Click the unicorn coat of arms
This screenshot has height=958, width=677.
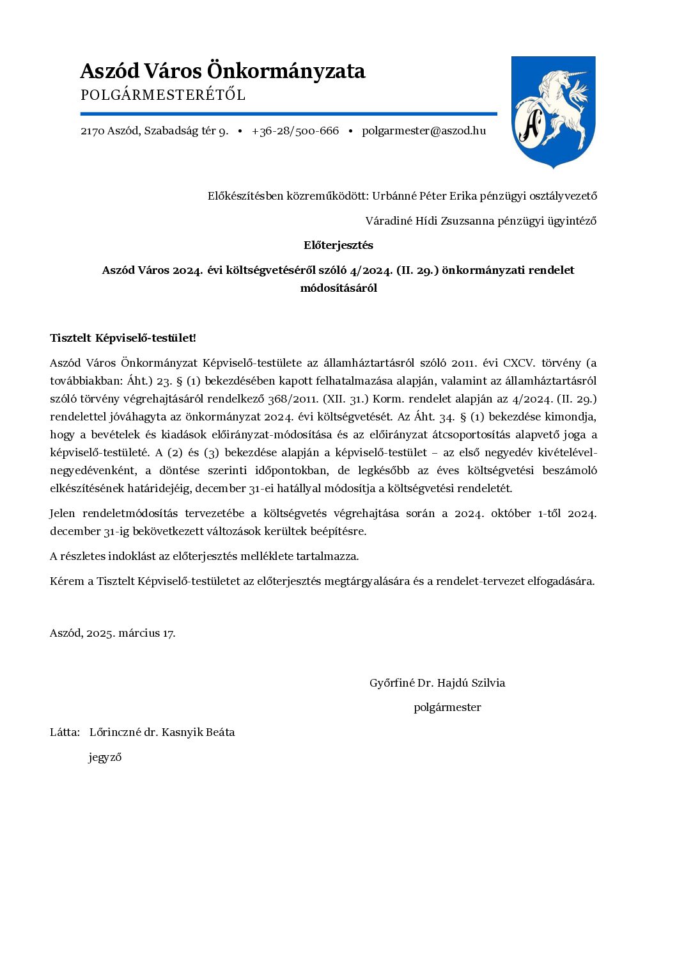[553, 111]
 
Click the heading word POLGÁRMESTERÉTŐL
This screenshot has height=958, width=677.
[163, 95]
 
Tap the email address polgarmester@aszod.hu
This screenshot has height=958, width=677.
[423, 131]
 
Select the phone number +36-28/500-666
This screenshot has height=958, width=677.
[295, 131]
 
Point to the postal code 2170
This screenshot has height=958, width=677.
[92, 131]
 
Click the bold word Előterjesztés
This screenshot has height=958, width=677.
[338, 245]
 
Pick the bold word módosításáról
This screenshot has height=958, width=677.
[338, 288]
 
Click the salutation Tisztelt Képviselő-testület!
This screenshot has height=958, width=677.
[123, 338]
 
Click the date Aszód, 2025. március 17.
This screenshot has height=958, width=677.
[113, 633]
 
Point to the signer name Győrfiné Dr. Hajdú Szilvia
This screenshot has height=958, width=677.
[437, 683]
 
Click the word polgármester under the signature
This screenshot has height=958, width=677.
[447, 707]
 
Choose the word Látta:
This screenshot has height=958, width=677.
[65, 732]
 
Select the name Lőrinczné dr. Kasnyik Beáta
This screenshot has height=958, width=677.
[162, 732]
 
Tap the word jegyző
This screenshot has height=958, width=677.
[105, 758]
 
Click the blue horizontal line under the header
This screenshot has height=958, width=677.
[288, 114]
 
